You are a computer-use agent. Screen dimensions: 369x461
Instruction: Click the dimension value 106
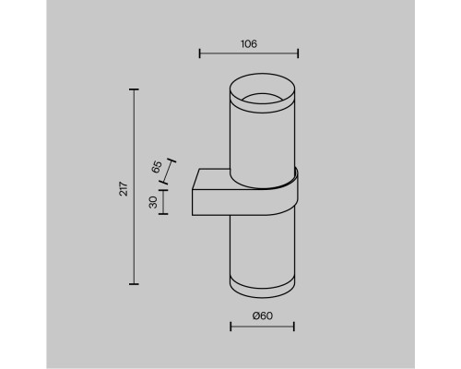(x=249, y=42)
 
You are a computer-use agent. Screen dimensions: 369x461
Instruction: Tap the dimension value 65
(x=157, y=167)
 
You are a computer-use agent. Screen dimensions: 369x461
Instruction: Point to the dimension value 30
(x=153, y=202)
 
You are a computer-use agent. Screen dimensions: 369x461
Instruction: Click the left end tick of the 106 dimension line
(x=200, y=54)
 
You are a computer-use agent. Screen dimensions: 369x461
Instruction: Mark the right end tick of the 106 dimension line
(x=295, y=54)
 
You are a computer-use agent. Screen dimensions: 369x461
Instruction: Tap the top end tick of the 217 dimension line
(x=136, y=89)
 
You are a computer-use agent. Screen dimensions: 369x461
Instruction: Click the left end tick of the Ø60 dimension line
(x=230, y=327)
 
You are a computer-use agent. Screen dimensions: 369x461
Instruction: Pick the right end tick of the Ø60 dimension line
(x=295, y=327)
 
